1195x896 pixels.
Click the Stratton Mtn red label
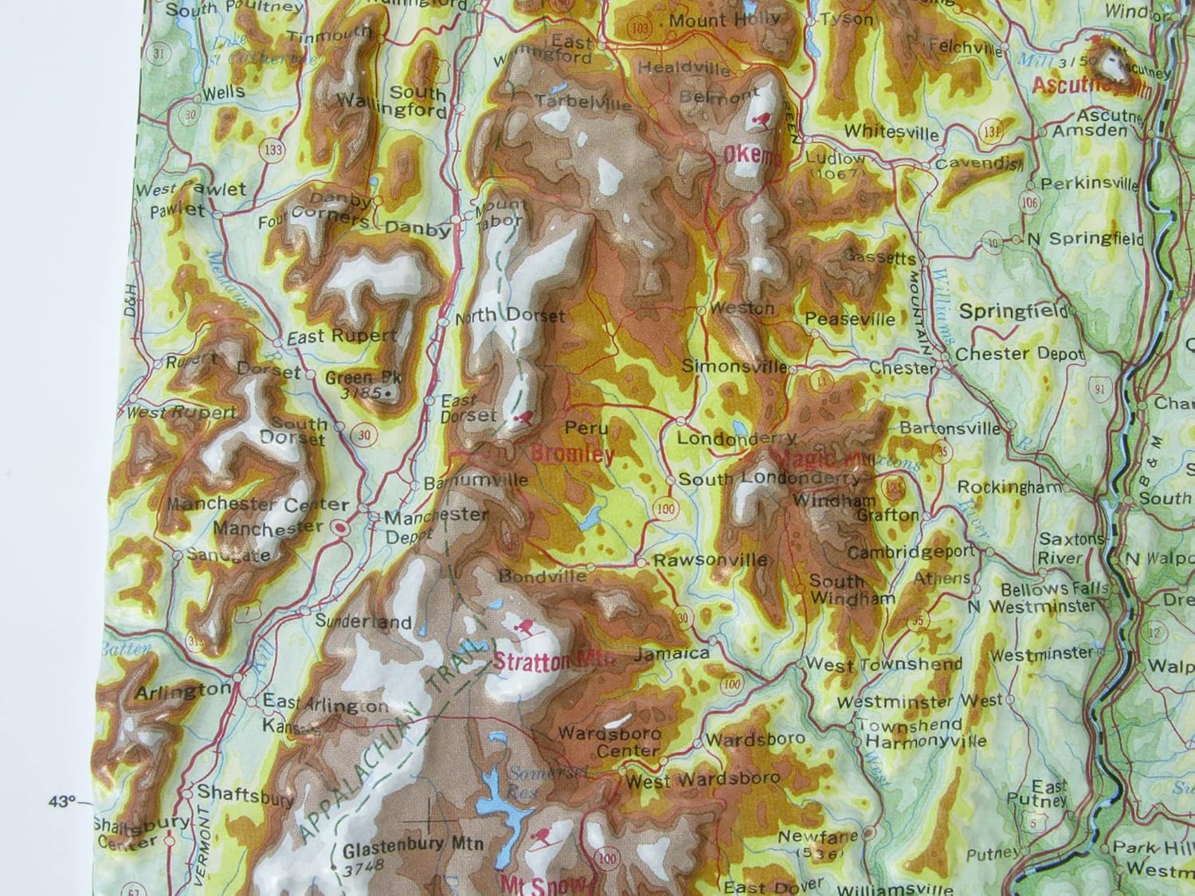tap(543, 660)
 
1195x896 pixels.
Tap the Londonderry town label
tap(736, 439)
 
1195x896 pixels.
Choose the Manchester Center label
tap(259, 505)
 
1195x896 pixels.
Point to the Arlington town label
tap(182, 692)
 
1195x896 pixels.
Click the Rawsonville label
tap(710, 560)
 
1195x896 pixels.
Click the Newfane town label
tap(806, 837)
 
